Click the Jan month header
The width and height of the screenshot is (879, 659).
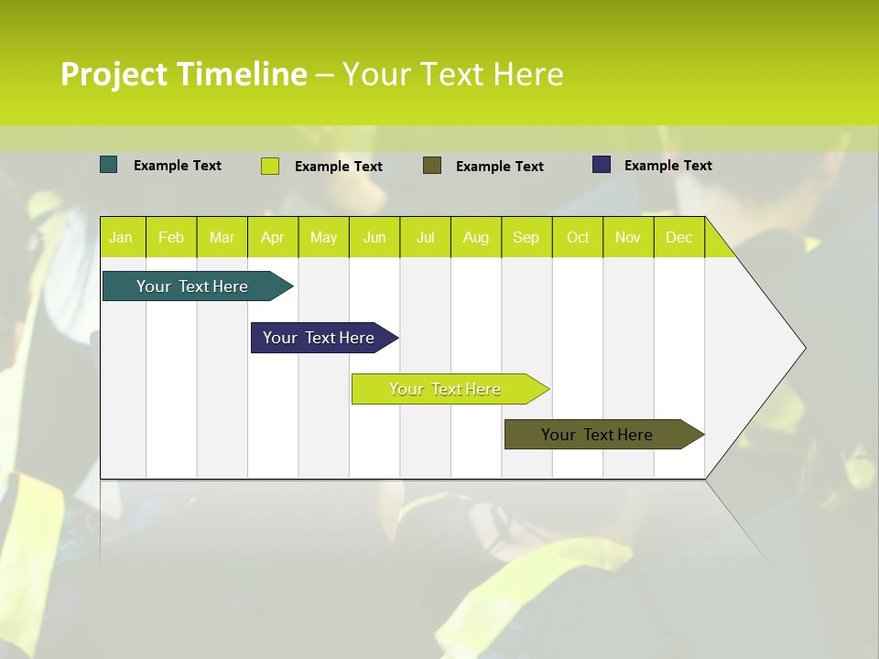121,238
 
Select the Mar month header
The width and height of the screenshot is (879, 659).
222,238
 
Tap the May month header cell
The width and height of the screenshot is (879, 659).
323,238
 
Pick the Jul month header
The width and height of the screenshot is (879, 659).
425,238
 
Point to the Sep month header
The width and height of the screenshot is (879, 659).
526,238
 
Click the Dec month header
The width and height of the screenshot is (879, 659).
678,238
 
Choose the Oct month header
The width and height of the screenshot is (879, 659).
578,238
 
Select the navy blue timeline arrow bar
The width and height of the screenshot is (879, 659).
319,338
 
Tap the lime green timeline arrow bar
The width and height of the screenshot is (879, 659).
445,389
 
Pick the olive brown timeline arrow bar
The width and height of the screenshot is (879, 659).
597,435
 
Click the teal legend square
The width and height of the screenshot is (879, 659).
109,165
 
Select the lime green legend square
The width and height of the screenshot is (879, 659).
270,166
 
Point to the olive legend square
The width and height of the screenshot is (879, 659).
432,165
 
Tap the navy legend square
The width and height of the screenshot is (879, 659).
602,165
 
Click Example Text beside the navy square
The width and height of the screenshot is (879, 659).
667,166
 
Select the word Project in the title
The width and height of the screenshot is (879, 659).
114,75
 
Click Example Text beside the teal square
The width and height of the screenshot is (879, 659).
177,166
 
